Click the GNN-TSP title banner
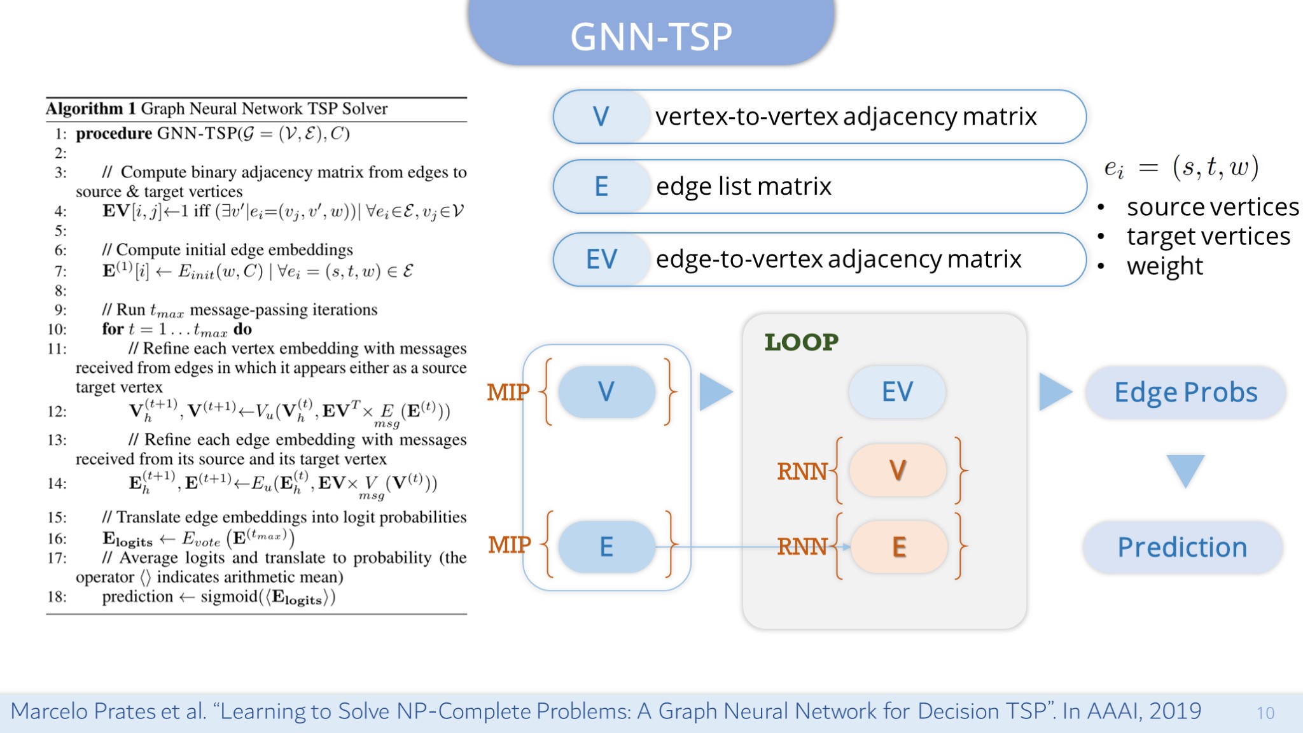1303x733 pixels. (651, 35)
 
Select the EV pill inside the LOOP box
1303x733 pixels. (897, 391)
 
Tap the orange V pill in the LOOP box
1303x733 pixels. (897, 470)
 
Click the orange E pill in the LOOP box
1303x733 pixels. (898, 547)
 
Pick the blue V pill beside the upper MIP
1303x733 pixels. (606, 391)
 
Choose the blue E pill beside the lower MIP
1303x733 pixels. (606, 547)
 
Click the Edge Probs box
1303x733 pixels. (1185, 393)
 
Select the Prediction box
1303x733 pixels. (1182, 547)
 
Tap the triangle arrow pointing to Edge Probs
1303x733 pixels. (1054, 391)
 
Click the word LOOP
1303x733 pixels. (801, 342)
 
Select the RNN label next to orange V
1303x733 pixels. (802, 471)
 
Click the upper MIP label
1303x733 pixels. (508, 392)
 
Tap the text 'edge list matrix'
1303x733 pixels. (743, 186)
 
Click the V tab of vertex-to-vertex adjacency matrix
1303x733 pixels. (601, 116)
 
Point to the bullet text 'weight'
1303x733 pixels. (1164, 266)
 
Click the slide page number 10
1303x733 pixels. (1265, 713)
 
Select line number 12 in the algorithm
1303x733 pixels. (57, 412)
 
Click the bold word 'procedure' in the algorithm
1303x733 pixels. (114, 134)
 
